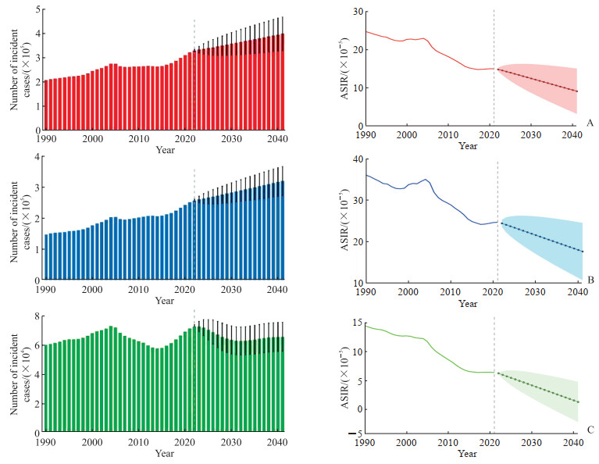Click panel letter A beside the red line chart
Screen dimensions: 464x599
(590, 123)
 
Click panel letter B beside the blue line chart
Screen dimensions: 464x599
(590, 279)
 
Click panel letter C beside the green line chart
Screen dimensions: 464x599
(590, 429)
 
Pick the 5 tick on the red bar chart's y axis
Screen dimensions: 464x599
(37, 9)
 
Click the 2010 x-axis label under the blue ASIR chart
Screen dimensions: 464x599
(450, 292)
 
